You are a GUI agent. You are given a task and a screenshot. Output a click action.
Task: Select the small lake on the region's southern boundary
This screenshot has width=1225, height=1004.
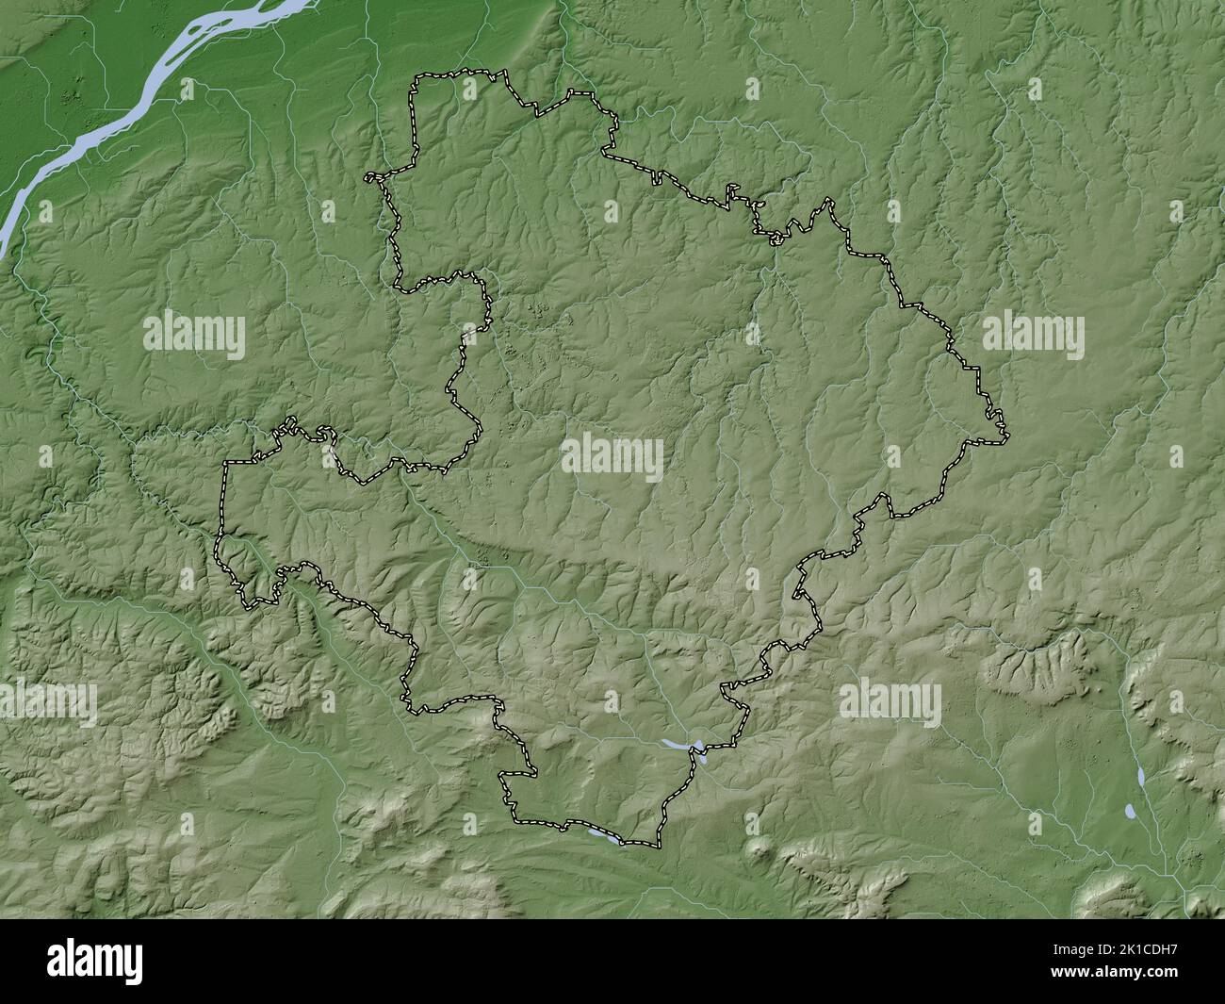(x=604, y=835)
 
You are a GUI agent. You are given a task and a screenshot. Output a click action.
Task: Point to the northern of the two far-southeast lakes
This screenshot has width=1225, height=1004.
(x=1141, y=775)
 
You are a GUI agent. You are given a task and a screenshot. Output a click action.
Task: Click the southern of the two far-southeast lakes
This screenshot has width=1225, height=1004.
(x=1129, y=810)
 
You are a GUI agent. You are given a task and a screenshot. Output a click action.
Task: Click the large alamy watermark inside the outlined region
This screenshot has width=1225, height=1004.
(x=612, y=456)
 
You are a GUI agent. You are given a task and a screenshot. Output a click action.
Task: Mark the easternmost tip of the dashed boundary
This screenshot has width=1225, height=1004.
(x=1007, y=436)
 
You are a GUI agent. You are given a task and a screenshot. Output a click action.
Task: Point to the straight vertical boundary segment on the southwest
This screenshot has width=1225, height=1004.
(x=224, y=500)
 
